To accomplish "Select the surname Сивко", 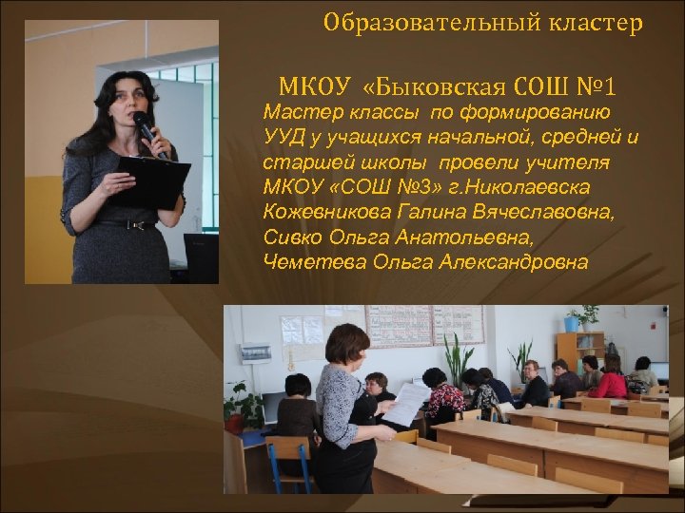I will click(288, 237).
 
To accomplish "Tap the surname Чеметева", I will click(304, 262).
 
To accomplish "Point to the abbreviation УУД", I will click(283, 138).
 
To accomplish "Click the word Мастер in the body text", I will click(296, 113).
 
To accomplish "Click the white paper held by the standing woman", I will click(405, 403).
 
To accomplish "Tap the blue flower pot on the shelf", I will click(571, 324).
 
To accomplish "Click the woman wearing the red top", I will click(610, 379).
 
